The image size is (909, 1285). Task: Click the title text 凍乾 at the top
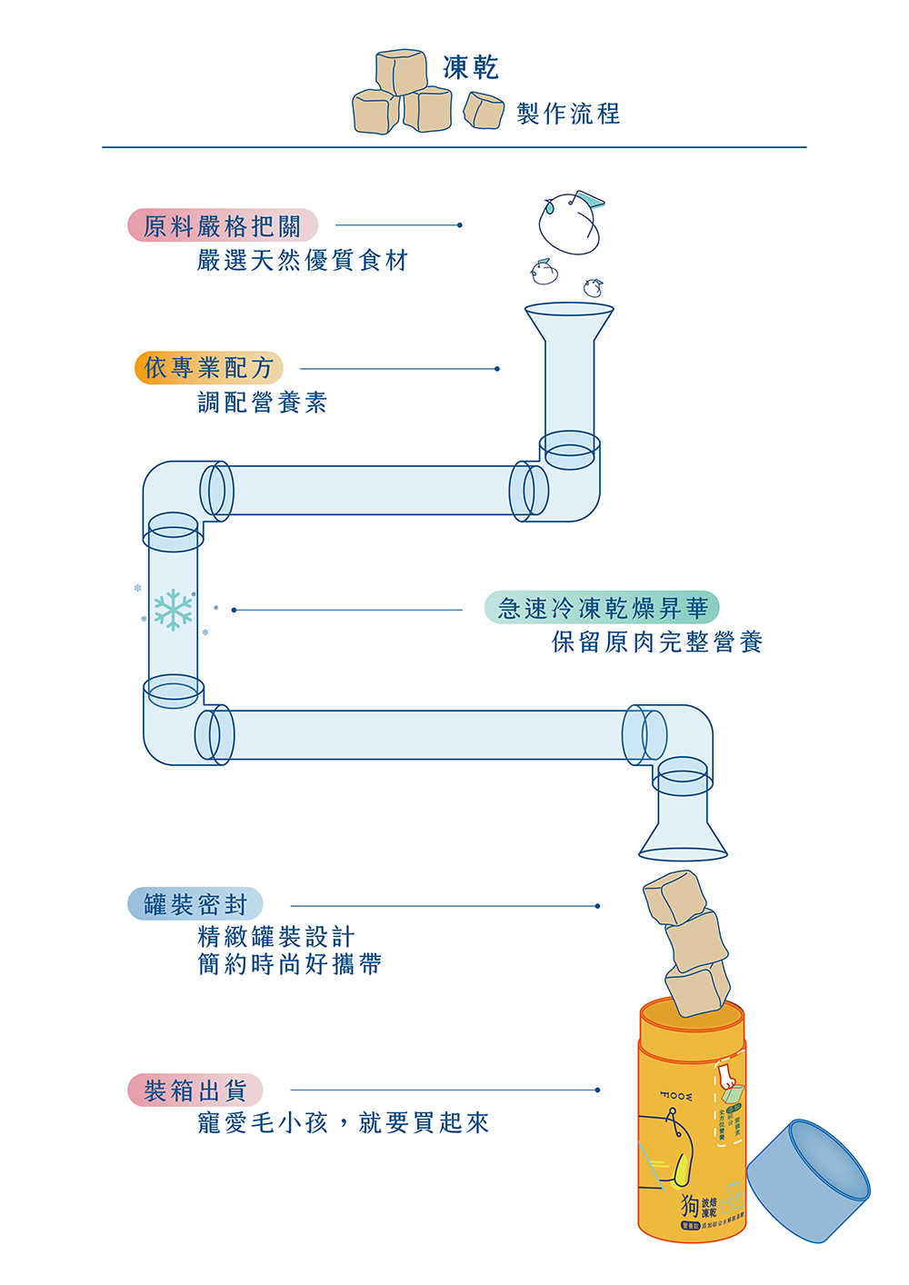470,68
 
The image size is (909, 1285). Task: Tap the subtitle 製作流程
568,114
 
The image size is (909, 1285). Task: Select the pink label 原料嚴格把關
223,225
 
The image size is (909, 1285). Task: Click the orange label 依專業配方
209,368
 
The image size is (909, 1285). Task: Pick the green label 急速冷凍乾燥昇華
602,608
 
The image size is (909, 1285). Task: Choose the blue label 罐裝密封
195,904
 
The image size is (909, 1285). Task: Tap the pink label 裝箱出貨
195,1091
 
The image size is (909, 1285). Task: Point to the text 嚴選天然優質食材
303,261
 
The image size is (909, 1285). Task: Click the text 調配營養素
263,403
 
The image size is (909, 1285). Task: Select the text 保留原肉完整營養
657,642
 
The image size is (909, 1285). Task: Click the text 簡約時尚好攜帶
290,964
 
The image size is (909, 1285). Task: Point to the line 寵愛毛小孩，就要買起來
344,1123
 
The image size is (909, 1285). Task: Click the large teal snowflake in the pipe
173,609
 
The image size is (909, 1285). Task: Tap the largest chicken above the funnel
570,223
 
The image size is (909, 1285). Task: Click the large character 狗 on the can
691,1206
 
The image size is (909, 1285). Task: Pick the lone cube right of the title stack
484,111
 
